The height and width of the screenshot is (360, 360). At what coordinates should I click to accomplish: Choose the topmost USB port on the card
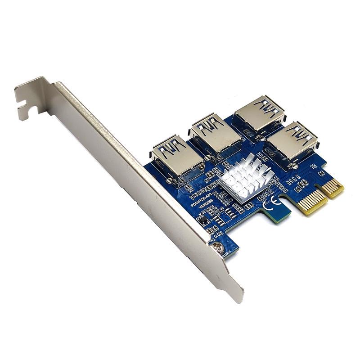tap(261, 112)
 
